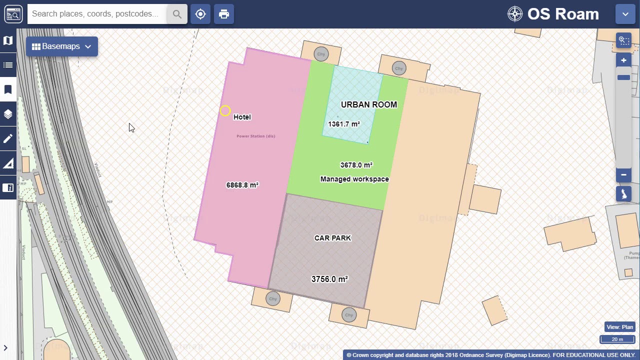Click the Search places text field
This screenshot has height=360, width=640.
coord(97,14)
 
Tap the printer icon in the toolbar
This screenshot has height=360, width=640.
coord(224,14)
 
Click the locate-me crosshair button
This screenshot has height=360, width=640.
coord(200,14)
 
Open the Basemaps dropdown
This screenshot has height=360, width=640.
coord(62,46)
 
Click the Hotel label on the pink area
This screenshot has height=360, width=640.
coord(242,117)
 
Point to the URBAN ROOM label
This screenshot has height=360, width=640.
coord(369,104)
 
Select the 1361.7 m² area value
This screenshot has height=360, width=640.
coord(344,124)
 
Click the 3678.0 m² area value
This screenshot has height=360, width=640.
coord(356,165)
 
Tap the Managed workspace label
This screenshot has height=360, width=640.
coord(354,179)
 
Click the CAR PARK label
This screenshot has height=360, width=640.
coord(332,238)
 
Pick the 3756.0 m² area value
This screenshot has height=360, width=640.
coord(329,279)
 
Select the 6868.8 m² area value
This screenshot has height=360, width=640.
coord(242,185)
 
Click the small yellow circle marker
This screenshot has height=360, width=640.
coord(225,110)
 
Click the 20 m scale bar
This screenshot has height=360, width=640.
coord(617,339)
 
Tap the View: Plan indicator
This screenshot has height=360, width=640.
coord(619,327)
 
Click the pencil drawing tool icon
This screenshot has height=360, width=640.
coord(8,139)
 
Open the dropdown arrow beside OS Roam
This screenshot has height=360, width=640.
coord(625,14)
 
